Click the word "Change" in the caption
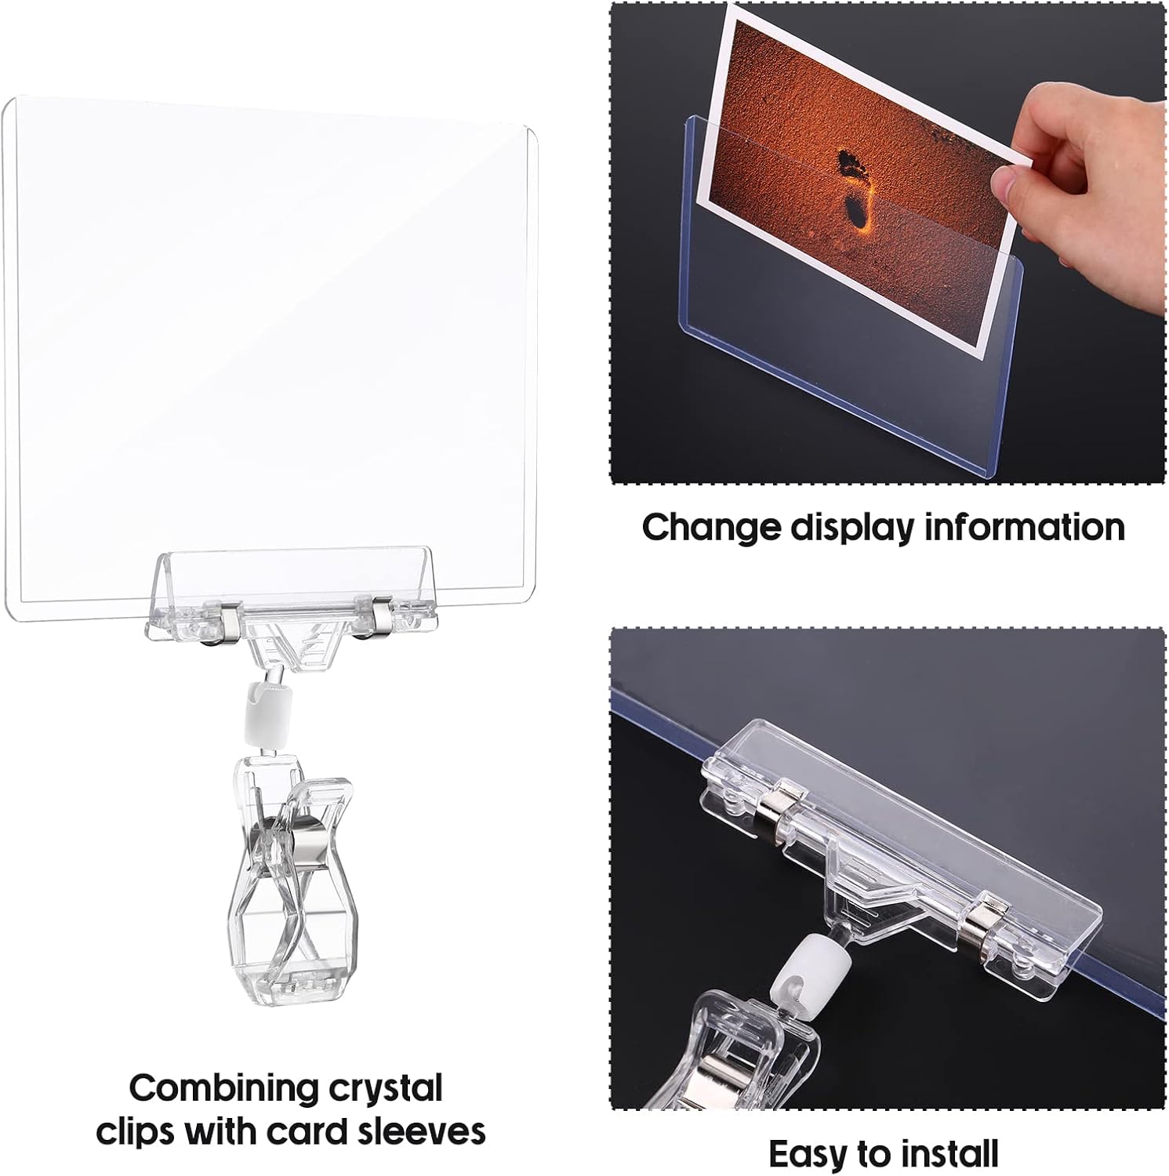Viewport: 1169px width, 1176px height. click(710, 527)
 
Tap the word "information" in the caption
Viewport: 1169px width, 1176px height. click(1025, 527)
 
